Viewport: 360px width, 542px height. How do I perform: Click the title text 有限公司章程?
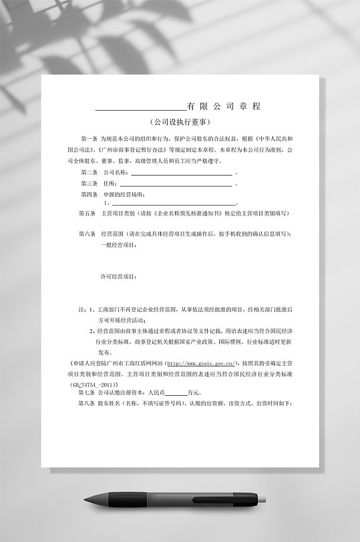point(224,107)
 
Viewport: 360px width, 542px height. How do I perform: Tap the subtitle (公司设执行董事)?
point(180,123)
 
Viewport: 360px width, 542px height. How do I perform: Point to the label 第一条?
point(88,137)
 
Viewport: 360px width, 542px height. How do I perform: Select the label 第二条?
point(89,172)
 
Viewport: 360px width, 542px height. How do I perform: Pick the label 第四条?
point(89,194)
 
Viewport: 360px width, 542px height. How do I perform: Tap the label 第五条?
point(87,214)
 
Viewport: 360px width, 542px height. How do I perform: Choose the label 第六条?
point(87,234)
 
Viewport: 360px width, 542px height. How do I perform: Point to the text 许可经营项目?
point(118,275)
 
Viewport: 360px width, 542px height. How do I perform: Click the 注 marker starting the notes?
point(82,310)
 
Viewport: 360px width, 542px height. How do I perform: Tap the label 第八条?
point(87,404)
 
